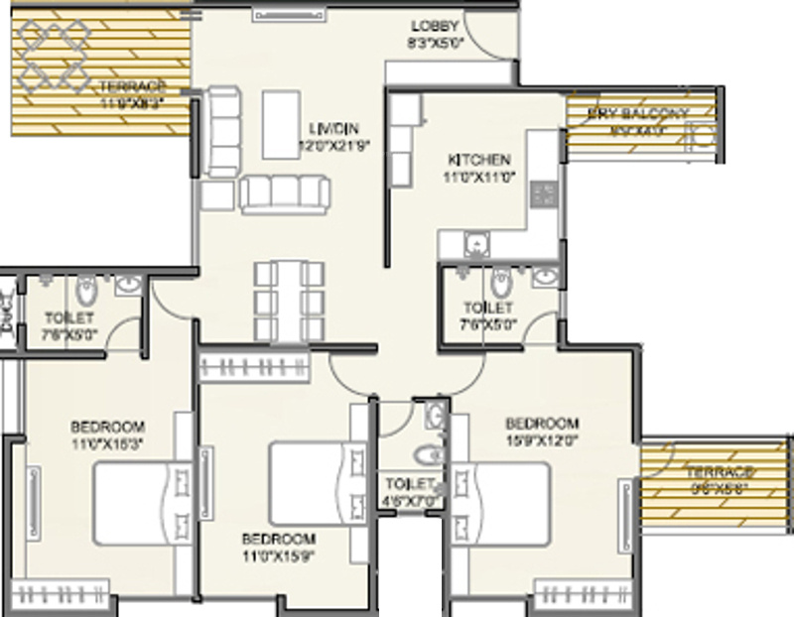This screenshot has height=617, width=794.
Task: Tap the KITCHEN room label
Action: point(478,159)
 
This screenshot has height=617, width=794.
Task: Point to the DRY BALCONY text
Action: point(637,113)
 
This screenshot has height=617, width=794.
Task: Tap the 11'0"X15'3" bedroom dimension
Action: point(108,442)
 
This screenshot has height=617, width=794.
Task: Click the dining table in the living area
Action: point(288,300)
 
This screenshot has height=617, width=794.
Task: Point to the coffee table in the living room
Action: point(282,124)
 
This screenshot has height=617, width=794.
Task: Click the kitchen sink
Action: point(475,242)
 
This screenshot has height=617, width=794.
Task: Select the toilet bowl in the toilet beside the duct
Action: point(84,290)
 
